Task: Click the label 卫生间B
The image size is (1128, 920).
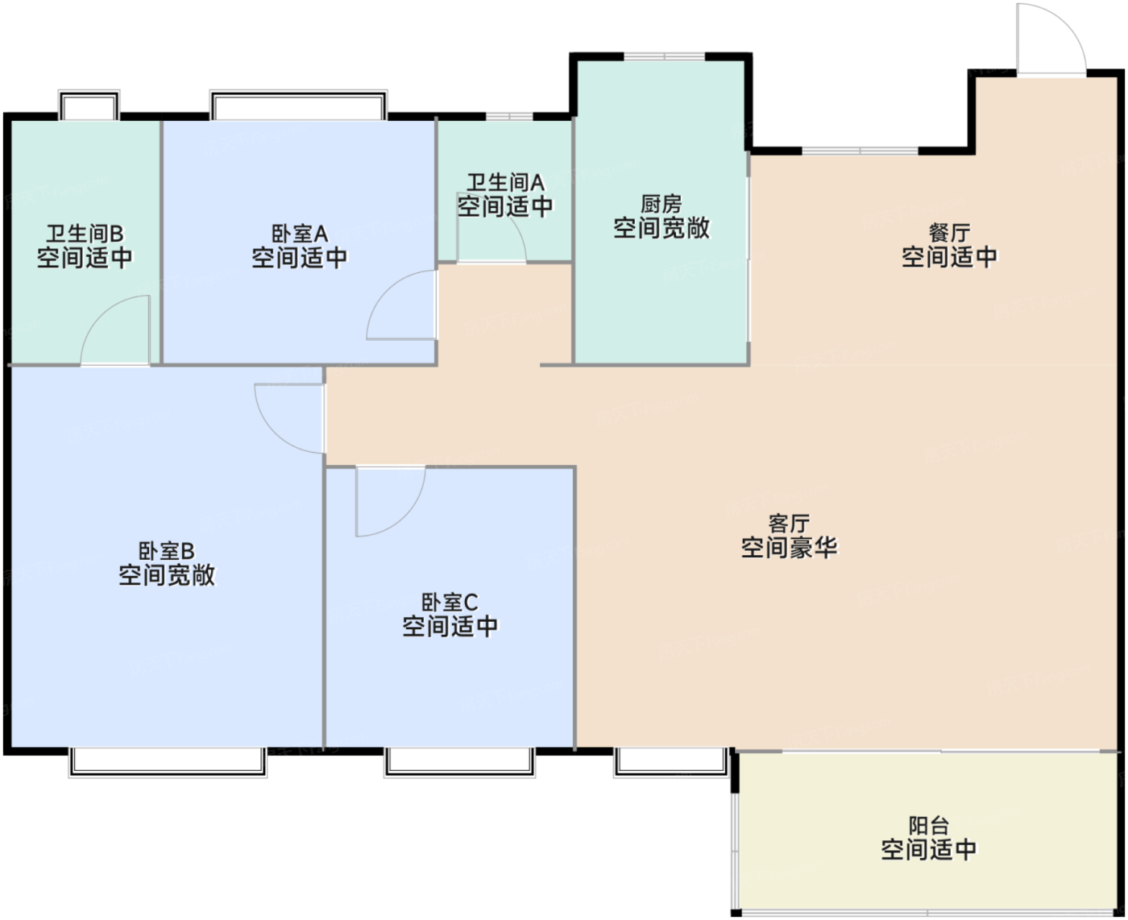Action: click(85, 234)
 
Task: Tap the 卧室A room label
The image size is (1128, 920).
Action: click(300, 234)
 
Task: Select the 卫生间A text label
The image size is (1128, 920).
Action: click(505, 183)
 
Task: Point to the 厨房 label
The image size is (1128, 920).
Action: click(661, 205)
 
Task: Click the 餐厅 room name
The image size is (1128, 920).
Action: click(949, 233)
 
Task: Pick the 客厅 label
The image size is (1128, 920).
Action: click(789, 523)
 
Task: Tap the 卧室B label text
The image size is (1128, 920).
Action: click(166, 551)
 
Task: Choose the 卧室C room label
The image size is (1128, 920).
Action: click(450, 603)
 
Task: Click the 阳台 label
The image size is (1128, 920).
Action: click(928, 826)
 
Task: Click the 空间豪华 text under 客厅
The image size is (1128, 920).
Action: click(789, 547)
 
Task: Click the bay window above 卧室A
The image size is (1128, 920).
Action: click(298, 105)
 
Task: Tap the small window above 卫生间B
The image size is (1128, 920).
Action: click(89, 105)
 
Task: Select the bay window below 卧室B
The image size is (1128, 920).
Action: click(168, 762)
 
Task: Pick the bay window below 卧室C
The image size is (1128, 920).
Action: click(459, 762)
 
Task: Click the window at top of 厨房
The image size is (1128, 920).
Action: click(664, 56)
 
